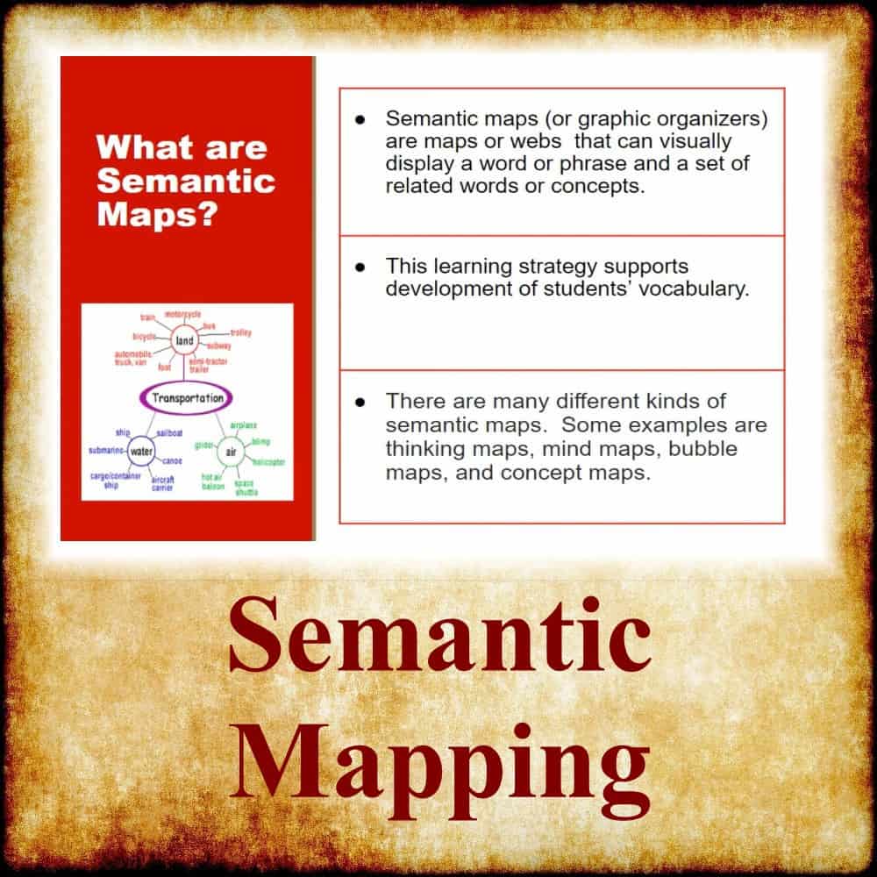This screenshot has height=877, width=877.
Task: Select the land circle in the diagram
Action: (184, 340)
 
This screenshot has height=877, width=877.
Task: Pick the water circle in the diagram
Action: (142, 453)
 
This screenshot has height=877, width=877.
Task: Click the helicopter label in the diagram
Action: (268, 461)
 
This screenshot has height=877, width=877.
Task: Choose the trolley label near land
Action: (240, 333)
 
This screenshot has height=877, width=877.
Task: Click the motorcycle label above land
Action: (182, 313)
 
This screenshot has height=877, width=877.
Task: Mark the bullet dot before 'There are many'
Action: (360, 402)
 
